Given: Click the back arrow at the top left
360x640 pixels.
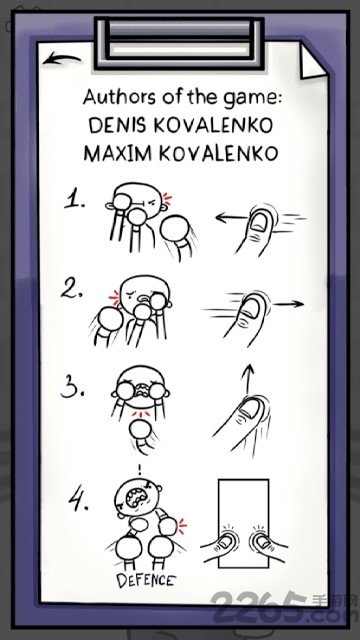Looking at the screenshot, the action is (x=61, y=59).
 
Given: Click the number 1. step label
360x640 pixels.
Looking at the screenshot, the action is (x=75, y=200).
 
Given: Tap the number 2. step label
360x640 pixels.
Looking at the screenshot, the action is (x=73, y=288).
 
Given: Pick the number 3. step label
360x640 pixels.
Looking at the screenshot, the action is (x=73, y=389).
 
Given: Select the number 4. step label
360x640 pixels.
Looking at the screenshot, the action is (x=78, y=501).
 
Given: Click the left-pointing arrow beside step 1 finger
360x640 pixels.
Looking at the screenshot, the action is (x=230, y=218).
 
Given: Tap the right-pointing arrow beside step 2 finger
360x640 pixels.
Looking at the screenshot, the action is (x=289, y=304).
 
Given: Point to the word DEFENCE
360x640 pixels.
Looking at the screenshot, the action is (x=146, y=580).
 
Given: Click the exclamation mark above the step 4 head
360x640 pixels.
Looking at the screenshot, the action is (x=140, y=469).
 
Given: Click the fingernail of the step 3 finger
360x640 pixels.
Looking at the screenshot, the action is (x=248, y=408).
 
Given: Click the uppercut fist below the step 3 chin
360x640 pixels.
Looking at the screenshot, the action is (x=140, y=431).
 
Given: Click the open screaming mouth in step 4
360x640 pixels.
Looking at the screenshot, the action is (x=134, y=497).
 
